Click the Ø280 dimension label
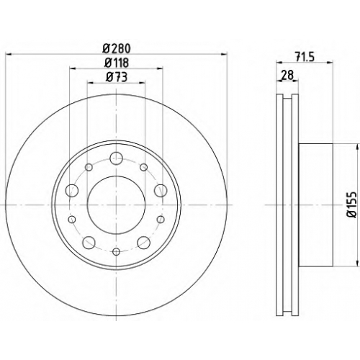(117, 49)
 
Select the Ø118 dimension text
(117, 63)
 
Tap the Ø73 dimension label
(117, 77)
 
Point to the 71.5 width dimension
(305, 58)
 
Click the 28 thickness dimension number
(287, 76)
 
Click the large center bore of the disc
(117, 204)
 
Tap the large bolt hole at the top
(117, 158)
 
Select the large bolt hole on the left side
(72, 191)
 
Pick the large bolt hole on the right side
(161, 191)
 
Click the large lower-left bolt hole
(89, 243)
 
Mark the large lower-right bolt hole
(144, 243)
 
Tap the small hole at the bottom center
(117, 251)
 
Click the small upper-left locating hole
(89, 167)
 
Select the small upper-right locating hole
(144, 167)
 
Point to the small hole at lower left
(72, 219)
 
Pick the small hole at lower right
(161, 219)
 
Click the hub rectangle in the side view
(316, 204)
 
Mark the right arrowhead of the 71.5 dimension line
(330, 63)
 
